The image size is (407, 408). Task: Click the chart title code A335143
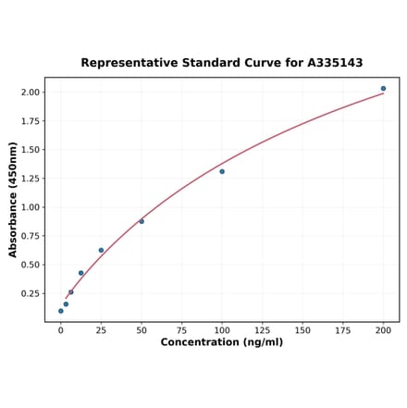331,63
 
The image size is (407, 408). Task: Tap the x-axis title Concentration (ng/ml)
222,342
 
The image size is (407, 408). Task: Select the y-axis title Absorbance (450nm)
13,200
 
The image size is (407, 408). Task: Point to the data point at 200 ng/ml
383,89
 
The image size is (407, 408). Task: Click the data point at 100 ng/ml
222,171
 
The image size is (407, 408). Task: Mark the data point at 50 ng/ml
142,221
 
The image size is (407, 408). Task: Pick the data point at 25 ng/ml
101,250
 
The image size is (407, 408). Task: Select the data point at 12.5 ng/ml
81,273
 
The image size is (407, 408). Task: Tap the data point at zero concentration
61,311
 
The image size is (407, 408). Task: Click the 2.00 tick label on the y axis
30,93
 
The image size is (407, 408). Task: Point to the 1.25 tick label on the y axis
30,179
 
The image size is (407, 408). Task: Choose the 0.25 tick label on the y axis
30,293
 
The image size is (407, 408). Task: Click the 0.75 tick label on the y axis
30,236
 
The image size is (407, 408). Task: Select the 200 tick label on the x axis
383,329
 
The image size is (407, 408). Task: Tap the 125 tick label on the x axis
262,329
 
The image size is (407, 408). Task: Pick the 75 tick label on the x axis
181,329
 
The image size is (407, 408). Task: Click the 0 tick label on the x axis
61,329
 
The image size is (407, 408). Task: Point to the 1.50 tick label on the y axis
30,150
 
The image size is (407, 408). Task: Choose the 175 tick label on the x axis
342,329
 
